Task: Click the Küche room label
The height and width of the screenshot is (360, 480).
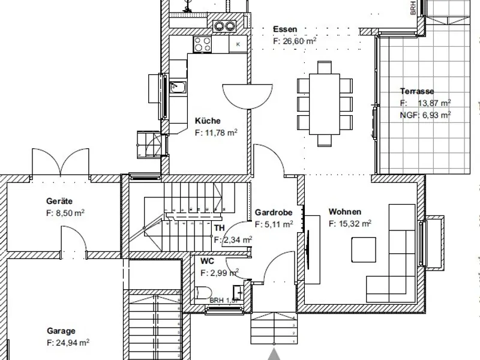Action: point(208,121)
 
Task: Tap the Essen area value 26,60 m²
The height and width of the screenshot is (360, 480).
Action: point(295,41)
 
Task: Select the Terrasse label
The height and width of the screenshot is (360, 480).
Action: point(417,92)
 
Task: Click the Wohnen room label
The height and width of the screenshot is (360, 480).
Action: point(344,212)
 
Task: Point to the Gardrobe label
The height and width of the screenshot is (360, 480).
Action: point(274,212)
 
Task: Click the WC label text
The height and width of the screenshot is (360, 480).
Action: point(208,261)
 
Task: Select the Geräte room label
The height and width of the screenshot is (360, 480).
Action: point(60,201)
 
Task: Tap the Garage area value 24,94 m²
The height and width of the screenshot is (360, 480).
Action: point(68,343)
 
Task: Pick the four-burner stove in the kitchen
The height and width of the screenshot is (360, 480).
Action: point(202,43)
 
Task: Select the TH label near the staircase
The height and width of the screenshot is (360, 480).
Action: point(220,228)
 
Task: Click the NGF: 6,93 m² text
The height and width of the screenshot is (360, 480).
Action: point(425,114)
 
